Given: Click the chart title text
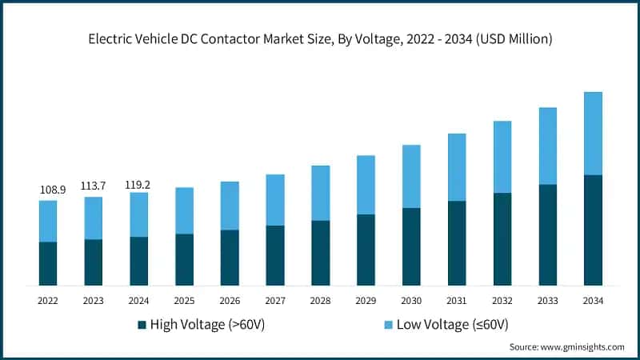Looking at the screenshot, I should coord(320,38).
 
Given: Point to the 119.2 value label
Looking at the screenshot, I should coord(139,185).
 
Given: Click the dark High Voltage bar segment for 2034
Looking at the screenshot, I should coord(593,230).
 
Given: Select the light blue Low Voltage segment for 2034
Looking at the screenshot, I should coord(593,134).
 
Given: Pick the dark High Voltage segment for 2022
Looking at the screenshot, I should coord(48,264).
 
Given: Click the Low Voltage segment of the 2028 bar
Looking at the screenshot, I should coord(320,193).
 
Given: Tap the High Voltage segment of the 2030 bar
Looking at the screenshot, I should coord(411,246).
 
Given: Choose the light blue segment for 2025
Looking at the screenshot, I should coord(185,210).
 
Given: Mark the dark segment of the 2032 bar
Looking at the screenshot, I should coord(502,239).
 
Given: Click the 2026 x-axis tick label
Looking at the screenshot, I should coord(230,300).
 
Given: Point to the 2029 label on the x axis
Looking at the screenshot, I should coord(366,300).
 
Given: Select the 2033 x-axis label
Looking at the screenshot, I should coord(547,300).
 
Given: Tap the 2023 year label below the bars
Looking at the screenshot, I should coord(94,300).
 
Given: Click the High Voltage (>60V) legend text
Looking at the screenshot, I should coord(207,324).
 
